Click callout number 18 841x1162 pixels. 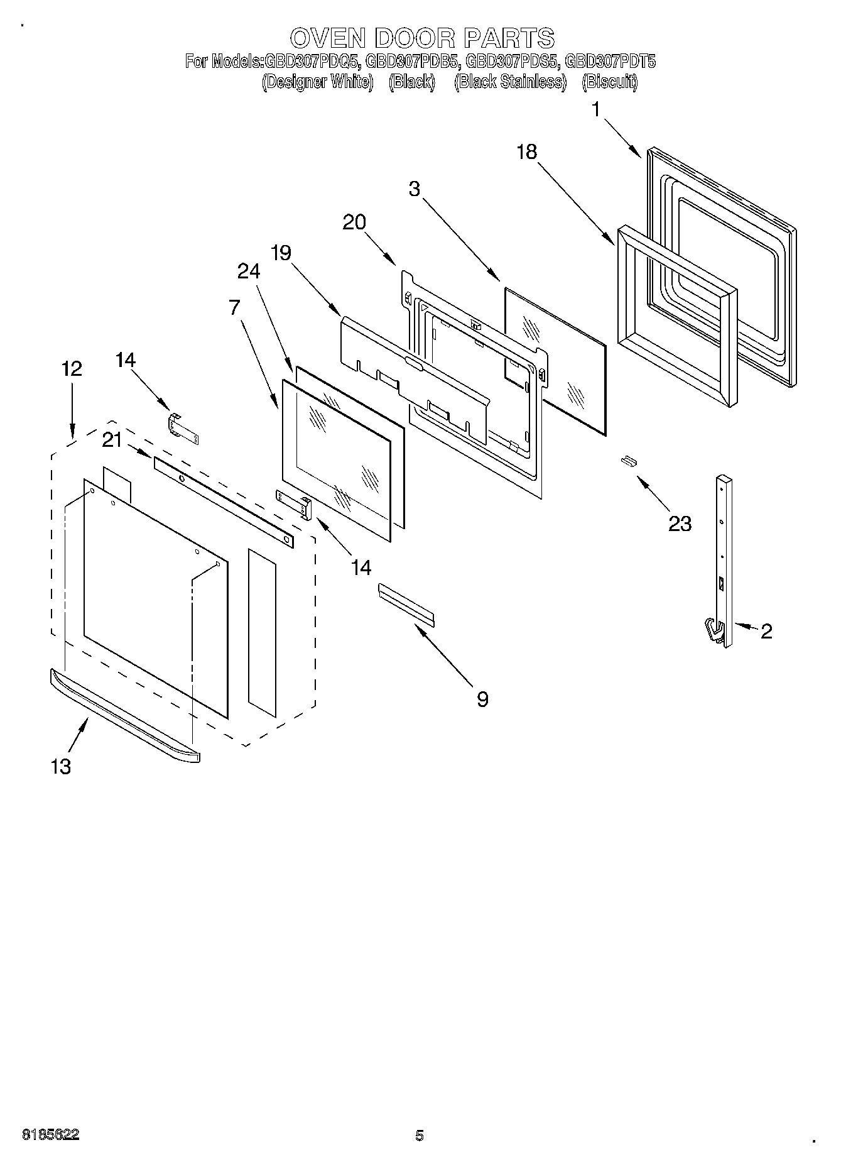[527, 151]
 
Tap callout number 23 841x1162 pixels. [680, 523]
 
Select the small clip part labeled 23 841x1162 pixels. [629, 461]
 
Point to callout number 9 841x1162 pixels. [482, 699]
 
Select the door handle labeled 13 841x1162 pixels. [124, 716]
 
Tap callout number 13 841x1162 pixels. [60, 766]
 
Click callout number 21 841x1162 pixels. [112, 441]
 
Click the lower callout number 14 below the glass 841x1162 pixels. [361, 567]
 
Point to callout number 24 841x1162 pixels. [249, 271]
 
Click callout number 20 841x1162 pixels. [355, 222]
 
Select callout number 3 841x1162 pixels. [414, 188]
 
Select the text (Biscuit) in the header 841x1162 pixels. [609, 82]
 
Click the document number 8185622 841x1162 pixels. [51, 1134]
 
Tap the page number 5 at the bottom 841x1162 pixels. [419, 1135]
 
